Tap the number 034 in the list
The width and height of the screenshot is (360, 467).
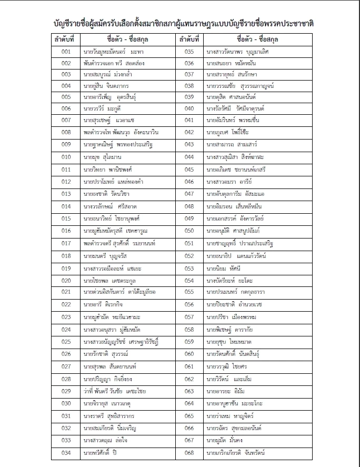pos(66,453)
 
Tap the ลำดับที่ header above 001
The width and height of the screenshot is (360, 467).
pos(65,39)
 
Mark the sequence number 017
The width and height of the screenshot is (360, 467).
pos(66,243)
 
